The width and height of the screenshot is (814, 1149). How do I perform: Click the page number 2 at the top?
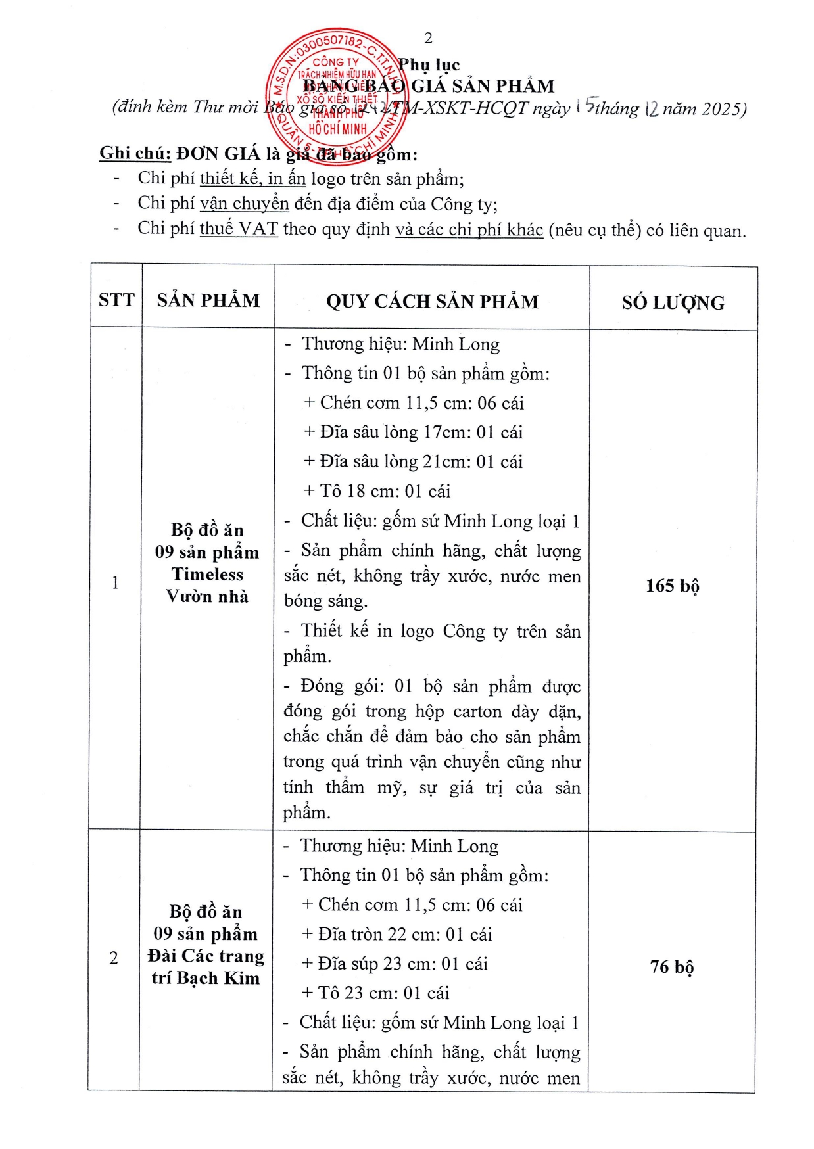[x=429, y=38]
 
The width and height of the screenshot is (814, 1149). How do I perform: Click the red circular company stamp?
[x=337, y=97]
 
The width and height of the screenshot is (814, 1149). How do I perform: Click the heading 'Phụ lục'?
[x=429, y=64]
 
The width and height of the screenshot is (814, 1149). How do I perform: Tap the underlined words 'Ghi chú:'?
[x=135, y=153]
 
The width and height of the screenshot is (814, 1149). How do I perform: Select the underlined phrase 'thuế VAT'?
[x=239, y=229]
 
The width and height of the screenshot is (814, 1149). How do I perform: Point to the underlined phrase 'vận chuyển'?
[x=245, y=204]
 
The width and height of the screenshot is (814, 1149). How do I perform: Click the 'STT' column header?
[x=116, y=300]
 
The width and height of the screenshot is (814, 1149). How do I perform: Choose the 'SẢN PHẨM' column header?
[x=208, y=300]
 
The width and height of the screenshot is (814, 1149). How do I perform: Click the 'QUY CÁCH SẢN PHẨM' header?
[x=432, y=302]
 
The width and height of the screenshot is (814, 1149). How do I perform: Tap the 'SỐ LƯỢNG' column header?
[x=673, y=302]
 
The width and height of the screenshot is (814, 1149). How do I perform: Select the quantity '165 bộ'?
[x=673, y=586]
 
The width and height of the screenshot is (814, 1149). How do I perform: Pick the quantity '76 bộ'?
[x=672, y=967]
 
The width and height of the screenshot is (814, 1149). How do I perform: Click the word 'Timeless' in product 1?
[x=208, y=574]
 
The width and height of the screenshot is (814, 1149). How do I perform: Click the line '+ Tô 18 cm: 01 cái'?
[x=377, y=491]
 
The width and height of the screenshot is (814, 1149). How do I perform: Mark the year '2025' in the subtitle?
[x=721, y=108]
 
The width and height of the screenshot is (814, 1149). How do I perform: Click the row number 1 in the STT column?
[x=116, y=582]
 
